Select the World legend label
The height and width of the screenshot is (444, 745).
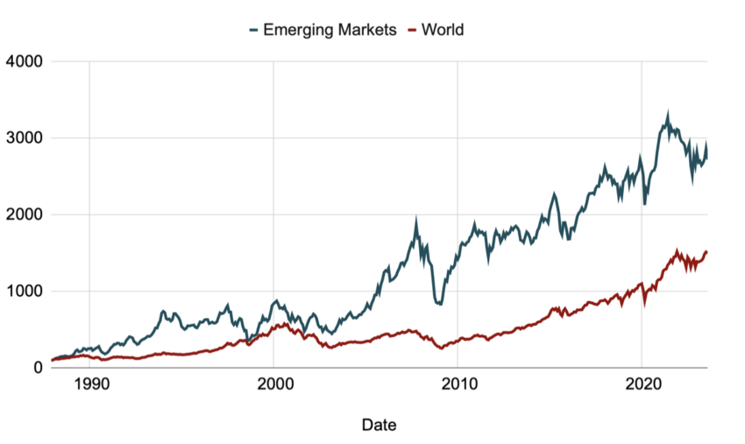click(x=443, y=30)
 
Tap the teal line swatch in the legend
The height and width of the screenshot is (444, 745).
click(x=254, y=30)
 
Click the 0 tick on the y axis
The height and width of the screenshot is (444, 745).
click(x=37, y=368)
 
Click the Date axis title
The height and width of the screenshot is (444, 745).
click(x=379, y=426)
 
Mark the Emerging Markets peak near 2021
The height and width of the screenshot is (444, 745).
click(x=668, y=115)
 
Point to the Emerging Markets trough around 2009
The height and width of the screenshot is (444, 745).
click(x=438, y=304)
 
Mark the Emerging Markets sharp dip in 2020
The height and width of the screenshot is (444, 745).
click(x=645, y=203)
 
